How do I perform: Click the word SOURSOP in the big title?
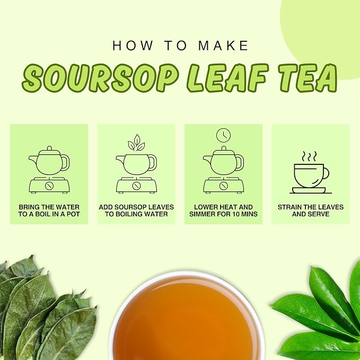pyautogui.click(x=100, y=78)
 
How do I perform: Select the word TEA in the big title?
pyautogui.click(x=308, y=77)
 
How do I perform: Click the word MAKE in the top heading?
pyautogui.click(x=223, y=46)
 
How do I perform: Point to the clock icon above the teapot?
pyautogui.click(x=223, y=135)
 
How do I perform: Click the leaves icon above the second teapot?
pyautogui.click(x=136, y=143)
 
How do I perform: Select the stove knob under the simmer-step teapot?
pyautogui.click(x=223, y=186)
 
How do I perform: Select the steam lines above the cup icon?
pyautogui.click(x=309, y=156)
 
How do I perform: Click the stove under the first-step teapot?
pyautogui.click(x=49, y=185)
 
